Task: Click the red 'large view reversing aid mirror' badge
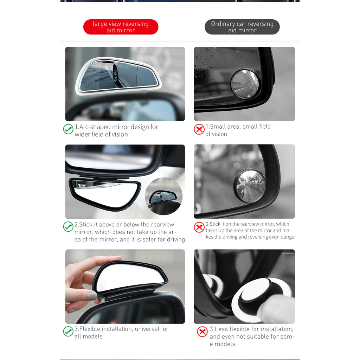[x=121, y=27]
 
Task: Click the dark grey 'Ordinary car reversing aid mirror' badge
[x=242, y=27]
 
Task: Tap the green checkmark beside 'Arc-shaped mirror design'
[x=68, y=129]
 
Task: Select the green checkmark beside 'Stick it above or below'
[x=68, y=227]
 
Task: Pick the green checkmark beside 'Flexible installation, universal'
[x=68, y=331]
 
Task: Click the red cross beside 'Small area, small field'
[x=199, y=129]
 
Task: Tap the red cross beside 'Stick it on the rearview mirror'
[x=199, y=227]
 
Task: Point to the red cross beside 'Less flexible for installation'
[x=202, y=332]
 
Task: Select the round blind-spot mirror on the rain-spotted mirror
[x=245, y=84]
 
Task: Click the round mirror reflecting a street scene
[x=250, y=186]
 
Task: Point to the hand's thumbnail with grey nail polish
[x=92, y=296]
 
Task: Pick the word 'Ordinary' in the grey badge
[x=223, y=24]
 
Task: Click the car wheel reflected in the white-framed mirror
[x=116, y=75]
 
